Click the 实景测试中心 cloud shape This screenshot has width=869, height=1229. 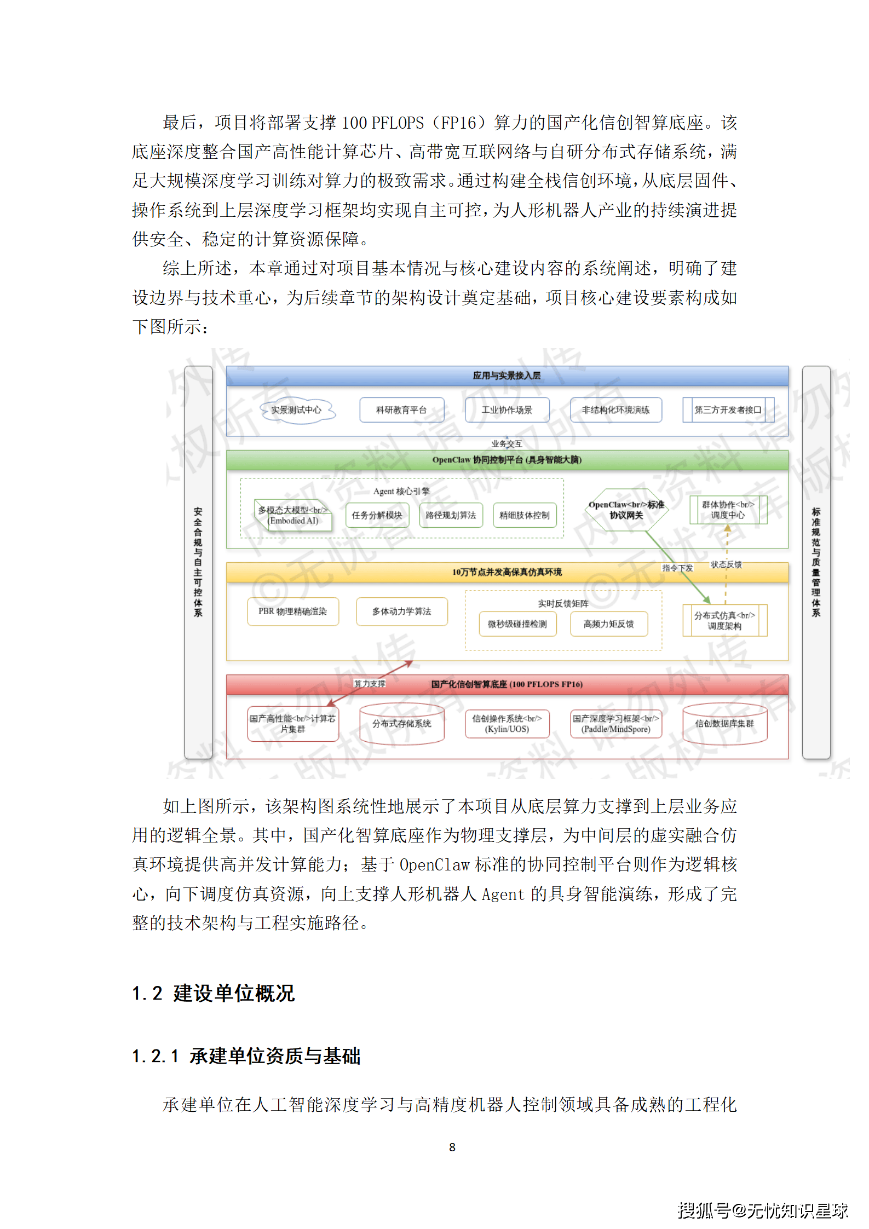pos(296,410)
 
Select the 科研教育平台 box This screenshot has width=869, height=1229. pos(401,410)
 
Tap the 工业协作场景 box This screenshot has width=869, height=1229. pos(507,410)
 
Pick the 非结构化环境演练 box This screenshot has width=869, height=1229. pos(615,410)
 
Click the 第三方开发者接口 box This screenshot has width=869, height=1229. pos(728,410)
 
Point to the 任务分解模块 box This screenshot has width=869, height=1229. pos(377,515)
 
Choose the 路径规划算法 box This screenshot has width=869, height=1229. pos(451,515)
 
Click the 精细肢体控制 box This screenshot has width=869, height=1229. pos(525,515)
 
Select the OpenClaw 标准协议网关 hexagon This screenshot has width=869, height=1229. pos(626,510)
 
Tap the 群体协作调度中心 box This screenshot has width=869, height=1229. pos(728,510)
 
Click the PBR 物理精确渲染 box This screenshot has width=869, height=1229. pos(292,611)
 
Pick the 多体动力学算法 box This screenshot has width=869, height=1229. pos(401,611)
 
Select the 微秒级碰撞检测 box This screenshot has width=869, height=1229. pos(517,624)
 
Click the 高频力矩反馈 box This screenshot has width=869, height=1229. pos(608,624)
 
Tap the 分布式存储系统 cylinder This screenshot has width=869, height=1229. pos(401,724)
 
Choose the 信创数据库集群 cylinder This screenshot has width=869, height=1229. pos(724,724)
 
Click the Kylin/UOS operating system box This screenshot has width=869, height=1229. pos(507,724)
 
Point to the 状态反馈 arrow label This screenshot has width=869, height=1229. pos(726,564)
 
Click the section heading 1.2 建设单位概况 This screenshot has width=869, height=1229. pos(214,993)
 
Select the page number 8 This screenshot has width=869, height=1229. pos(452,1147)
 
